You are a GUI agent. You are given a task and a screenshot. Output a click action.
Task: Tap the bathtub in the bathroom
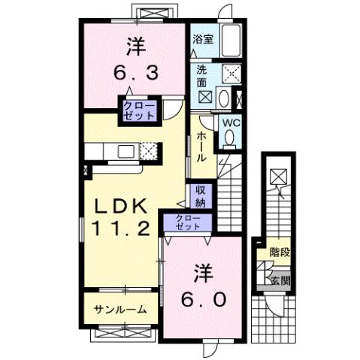click(x=230, y=41)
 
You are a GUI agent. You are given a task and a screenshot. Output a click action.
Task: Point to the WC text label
click(x=229, y=123)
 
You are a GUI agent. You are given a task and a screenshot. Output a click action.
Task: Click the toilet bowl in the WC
click(x=229, y=138)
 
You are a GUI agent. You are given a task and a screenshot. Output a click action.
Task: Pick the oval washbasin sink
click(x=223, y=97)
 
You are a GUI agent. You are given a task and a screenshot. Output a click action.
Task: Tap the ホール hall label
click(x=202, y=147)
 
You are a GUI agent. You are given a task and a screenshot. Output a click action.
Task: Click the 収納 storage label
click(x=200, y=197)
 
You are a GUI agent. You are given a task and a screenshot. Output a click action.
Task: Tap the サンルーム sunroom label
click(x=120, y=310)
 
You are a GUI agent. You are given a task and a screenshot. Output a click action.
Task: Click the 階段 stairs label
click(x=280, y=253)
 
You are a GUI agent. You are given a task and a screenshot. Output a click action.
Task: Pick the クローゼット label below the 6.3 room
click(x=140, y=110)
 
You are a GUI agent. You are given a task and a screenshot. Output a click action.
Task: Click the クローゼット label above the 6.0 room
click(x=188, y=222)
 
